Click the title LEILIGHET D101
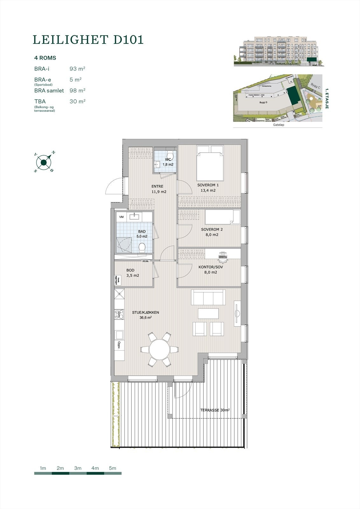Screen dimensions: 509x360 88,40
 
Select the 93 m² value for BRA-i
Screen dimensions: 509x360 77,69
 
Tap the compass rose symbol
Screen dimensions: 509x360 44,163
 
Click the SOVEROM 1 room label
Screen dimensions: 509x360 208,188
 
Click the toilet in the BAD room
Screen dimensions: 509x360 142,247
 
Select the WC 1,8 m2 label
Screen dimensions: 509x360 168,162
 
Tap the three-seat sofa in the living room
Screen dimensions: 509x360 208,297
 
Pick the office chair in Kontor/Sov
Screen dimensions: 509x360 223,256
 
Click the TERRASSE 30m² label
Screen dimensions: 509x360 215,410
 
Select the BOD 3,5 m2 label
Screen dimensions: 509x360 132,273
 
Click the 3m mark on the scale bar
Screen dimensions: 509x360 78,468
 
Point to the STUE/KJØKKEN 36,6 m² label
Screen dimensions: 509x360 145,315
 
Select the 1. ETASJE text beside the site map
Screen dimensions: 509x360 326,99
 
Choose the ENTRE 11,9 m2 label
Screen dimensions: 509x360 159,189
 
